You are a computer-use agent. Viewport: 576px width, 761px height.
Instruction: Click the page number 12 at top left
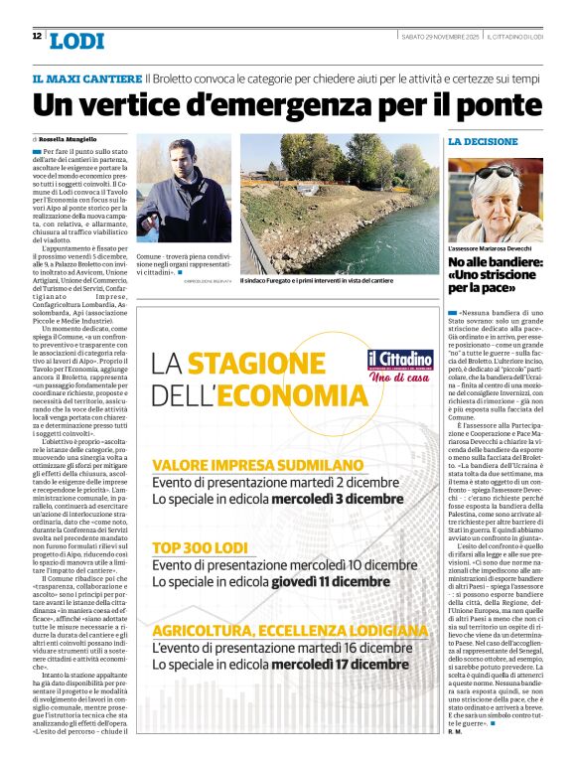[x=37, y=36]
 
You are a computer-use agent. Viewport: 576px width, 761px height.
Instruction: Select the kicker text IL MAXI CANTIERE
[x=86, y=77]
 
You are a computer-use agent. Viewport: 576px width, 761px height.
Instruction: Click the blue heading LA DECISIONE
[x=483, y=142]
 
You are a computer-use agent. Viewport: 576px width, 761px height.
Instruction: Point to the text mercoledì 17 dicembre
[x=347, y=665]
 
